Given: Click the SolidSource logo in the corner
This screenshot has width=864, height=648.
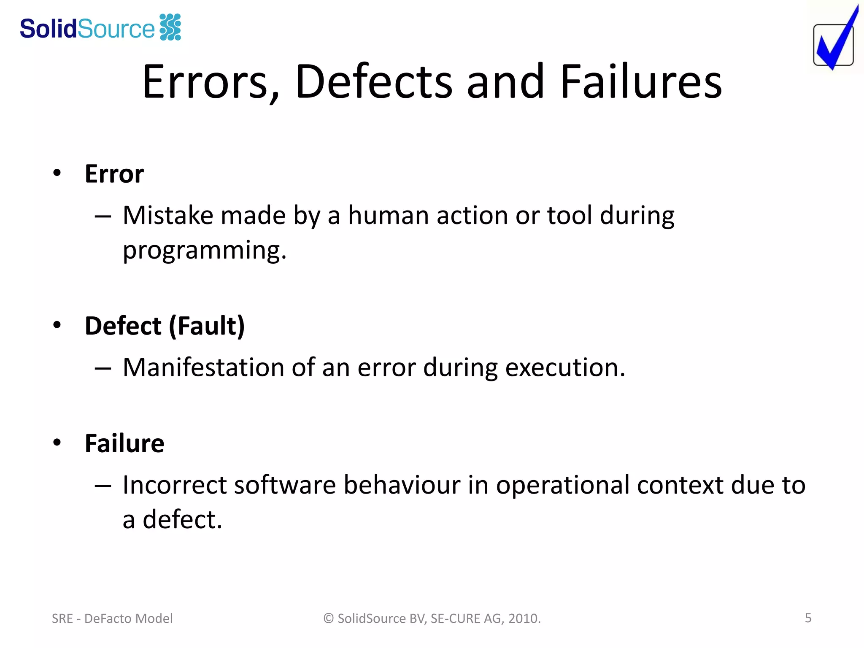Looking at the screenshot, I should tap(100, 28).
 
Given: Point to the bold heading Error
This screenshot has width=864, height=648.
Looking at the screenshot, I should tap(114, 174).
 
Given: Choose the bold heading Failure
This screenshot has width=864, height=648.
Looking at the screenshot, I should tap(124, 443).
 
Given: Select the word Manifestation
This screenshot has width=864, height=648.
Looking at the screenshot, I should tap(203, 367).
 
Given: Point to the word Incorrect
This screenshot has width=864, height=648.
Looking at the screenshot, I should tap(175, 485).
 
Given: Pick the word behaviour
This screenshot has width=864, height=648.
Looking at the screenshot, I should tap(402, 485).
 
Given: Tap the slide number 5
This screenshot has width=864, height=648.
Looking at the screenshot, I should tap(808, 618).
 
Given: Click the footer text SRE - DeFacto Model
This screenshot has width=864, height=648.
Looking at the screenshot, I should tap(112, 618).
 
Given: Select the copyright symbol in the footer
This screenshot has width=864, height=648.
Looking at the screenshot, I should tap(329, 618).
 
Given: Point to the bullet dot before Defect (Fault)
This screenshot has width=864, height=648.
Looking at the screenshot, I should tap(57, 325).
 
